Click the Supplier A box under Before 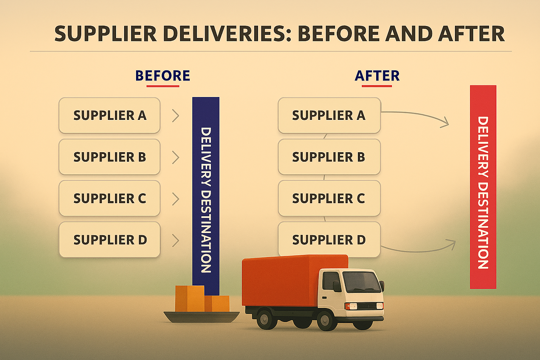109,115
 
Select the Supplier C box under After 329,198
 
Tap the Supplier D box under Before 109,240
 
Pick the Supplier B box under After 329,157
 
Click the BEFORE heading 162,76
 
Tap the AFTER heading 377,76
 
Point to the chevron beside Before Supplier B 176,157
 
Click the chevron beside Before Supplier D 176,240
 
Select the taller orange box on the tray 189,298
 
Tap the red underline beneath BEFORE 163,86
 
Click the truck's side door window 331,281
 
